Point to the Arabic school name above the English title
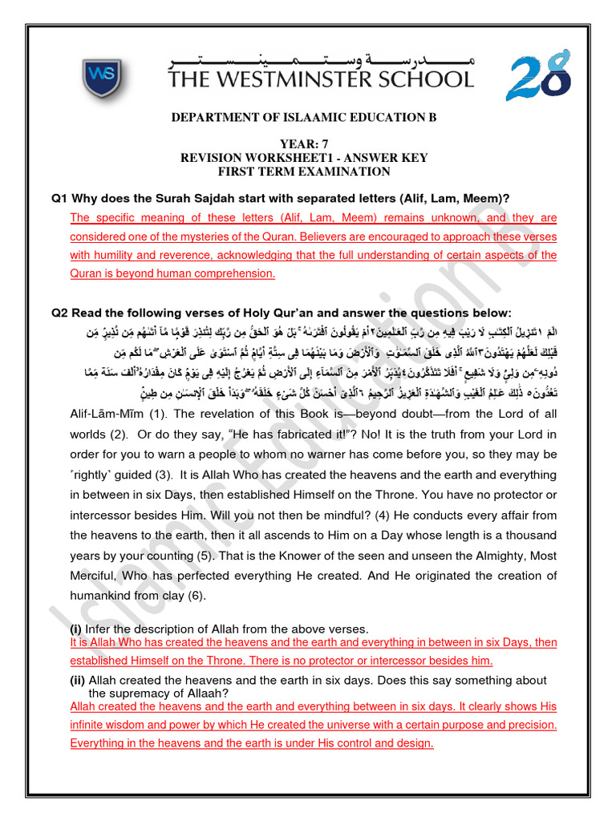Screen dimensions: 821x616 [x=321, y=59]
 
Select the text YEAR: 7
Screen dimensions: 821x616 [x=304, y=144]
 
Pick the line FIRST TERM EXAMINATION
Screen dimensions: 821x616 [x=304, y=172]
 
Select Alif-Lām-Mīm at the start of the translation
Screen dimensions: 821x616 [x=105, y=414]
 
